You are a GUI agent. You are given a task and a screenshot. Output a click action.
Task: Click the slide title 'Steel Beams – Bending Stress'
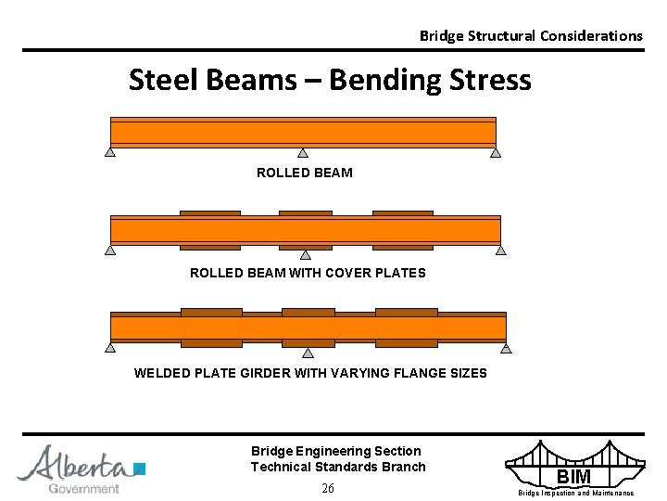(330, 81)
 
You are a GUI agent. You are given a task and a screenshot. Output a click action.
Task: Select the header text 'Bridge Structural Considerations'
(530, 35)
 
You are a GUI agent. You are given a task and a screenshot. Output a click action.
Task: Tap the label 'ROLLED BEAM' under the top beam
(304, 173)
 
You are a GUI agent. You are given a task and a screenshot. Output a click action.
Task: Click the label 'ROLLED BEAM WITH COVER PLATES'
(308, 273)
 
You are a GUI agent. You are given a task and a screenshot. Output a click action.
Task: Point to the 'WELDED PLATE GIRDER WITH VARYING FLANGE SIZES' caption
(310, 373)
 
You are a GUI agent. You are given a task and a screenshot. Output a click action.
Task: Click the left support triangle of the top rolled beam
(110, 153)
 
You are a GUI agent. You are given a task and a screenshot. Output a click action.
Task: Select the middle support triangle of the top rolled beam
(302, 153)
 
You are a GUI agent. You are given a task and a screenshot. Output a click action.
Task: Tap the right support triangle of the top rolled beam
(496, 153)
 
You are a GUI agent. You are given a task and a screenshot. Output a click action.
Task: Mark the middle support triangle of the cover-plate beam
(305, 253)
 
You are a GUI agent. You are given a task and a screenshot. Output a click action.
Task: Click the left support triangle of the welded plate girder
(110, 349)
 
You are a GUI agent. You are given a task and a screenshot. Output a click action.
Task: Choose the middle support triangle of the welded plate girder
(308, 352)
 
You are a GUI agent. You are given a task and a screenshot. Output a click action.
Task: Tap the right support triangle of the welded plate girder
(506, 349)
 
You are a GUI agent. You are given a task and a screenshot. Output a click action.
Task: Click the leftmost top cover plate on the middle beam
(209, 213)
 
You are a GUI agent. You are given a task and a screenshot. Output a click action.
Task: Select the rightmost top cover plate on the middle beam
(402, 213)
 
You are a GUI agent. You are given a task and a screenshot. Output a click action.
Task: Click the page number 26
(327, 489)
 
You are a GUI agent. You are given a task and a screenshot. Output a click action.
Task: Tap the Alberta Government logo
(82, 469)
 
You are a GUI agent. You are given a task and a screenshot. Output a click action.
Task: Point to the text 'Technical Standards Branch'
(338, 467)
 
